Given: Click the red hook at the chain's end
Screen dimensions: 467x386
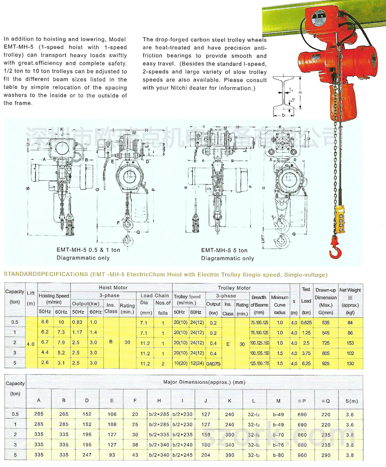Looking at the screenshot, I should [334, 249].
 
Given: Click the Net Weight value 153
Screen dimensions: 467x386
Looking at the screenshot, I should [350, 343].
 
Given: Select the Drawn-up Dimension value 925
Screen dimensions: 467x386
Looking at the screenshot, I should [326, 363].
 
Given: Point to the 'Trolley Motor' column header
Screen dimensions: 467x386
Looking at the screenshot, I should [234, 288].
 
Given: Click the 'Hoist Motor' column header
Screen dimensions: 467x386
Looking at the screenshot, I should [113, 287].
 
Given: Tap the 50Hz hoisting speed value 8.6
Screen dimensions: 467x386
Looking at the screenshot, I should [45, 322].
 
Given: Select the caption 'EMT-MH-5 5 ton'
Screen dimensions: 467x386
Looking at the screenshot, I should [224, 250].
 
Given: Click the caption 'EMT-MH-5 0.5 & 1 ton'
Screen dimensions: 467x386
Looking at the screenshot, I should [88, 250].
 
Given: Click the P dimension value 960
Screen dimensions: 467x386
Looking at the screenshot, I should [302, 455].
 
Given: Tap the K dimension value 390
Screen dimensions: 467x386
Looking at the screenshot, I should [230, 455].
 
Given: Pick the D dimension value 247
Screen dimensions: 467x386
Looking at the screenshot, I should [87, 455].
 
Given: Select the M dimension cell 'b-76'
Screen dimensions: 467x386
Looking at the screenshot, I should [278, 445].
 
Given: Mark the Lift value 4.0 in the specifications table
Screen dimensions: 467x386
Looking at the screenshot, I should [30, 343].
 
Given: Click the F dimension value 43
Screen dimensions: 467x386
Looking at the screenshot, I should [135, 455].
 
